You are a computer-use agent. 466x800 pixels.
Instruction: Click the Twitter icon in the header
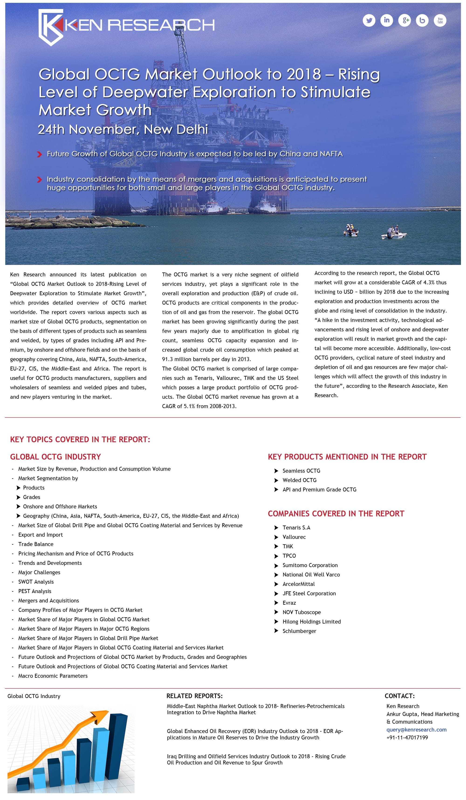369,21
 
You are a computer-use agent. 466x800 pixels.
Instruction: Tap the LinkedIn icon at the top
387,21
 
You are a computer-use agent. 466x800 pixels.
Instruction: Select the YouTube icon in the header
440,21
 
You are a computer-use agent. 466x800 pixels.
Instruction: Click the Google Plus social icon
404,21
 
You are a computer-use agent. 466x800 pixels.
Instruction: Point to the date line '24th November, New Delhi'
123,129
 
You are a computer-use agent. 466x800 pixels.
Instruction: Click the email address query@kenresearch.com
416,730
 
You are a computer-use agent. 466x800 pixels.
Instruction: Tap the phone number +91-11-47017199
407,738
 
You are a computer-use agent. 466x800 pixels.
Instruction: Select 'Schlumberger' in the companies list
299,631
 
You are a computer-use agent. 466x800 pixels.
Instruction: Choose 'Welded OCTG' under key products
299,480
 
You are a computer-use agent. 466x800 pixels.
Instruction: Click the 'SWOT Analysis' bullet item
36,582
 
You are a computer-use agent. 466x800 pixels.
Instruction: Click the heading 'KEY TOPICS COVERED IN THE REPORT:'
80,440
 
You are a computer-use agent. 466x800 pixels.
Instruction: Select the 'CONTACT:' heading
399,696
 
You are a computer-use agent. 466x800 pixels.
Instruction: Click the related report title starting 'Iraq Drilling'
256,759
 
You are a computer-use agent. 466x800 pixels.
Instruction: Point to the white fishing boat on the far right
393,235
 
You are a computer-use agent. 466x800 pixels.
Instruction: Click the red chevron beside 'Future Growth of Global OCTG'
39,155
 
